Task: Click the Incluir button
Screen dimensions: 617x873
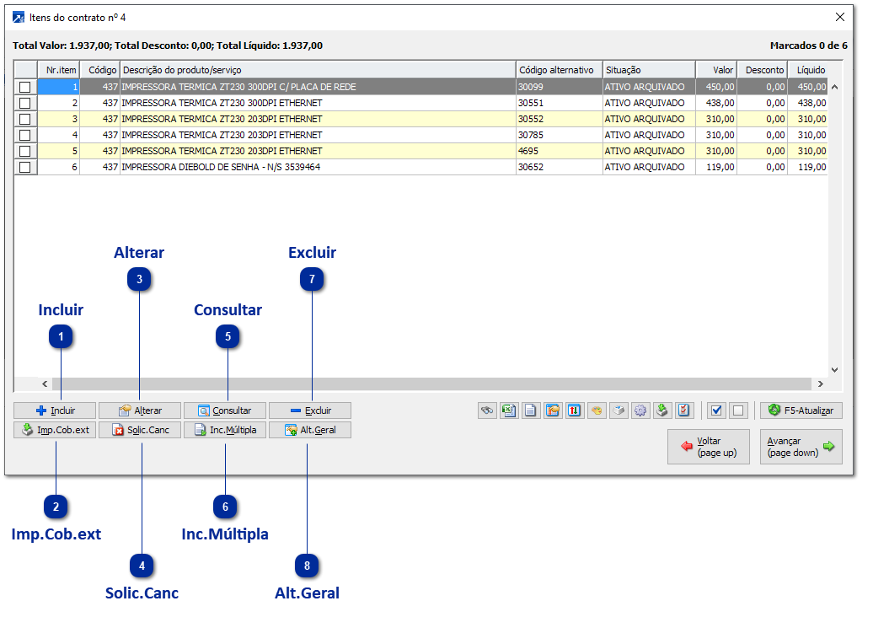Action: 55,410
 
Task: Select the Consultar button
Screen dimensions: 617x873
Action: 225,410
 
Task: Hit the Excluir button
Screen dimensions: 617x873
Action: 310,410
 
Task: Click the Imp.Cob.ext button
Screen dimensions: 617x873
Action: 55,430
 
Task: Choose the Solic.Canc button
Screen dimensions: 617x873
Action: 141,430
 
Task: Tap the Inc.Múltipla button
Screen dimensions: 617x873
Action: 225,430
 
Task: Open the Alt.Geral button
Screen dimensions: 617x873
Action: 310,430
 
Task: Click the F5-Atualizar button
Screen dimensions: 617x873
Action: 801,410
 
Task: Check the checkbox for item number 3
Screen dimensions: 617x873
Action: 25,119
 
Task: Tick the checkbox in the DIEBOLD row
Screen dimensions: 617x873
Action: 25,167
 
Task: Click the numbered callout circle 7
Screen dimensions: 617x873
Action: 312,279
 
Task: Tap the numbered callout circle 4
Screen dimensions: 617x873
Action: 142,566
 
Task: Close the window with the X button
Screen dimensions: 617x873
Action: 839,17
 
